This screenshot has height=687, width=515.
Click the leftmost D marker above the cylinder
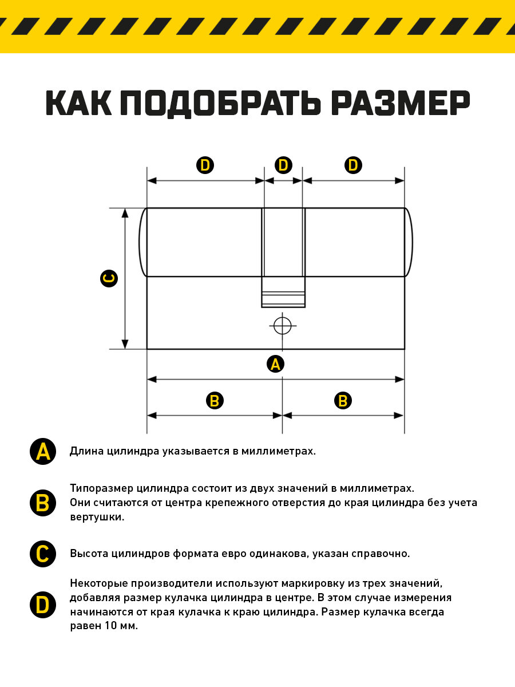pyautogui.click(x=205, y=165)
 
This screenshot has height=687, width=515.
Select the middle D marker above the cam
pyautogui.click(x=283, y=165)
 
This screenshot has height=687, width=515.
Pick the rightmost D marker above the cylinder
pyautogui.click(x=353, y=165)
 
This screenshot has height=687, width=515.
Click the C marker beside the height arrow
pyautogui.click(x=108, y=279)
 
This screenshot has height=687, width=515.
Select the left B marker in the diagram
pyautogui.click(x=214, y=401)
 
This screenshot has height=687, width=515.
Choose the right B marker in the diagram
pyautogui.click(x=343, y=401)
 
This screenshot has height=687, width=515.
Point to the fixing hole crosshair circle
pyautogui.click(x=282, y=326)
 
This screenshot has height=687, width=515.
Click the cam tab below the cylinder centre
pyautogui.click(x=283, y=292)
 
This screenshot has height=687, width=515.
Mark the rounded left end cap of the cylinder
pyautogui.click(x=143, y=242)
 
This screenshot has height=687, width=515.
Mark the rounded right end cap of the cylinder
pyautogui.click(x=409, y=242)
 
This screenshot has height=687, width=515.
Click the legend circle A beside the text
pyautogui.click(x=42, y=452)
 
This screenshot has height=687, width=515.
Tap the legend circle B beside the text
pyautogui.click(x=42, y=503)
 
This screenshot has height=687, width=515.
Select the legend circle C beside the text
pyautogui.click(x=42, y=554)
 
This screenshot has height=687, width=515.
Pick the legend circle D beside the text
pyautogui.click(x=42, y=605)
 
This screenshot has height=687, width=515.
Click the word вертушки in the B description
pyautogui.click(x=97, y=517)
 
